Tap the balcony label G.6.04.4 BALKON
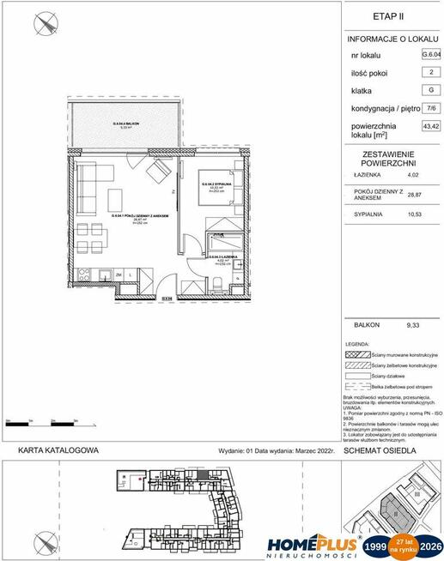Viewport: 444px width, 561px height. pyautogui.click(x=127, y=125)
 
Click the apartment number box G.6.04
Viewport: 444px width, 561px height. pyautogui.click(x=427, y=53)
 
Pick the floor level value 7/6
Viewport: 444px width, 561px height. pyautogui.click(x=427, y=108)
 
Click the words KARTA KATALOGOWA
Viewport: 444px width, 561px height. pyautogui.click(x=59, y=449)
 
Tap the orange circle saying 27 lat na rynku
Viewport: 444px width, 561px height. pyautogui.click(x=404, y=545)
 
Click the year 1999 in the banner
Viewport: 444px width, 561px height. pyautogui.click(x=374, y=546)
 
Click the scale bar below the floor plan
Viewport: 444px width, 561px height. pyautogui.click(x=43, y=423)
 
